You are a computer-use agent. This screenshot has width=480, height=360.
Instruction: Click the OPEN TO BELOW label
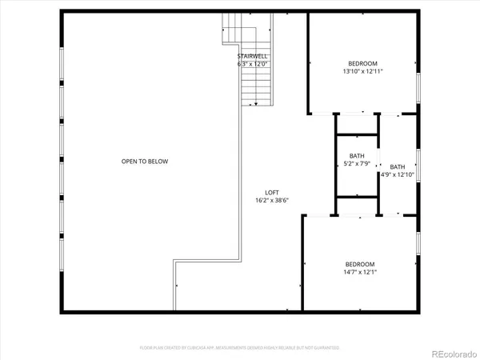pos(145,162)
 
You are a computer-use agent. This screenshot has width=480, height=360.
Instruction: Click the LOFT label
pos(272,192)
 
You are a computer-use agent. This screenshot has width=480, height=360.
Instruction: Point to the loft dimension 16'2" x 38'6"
pos(272,201)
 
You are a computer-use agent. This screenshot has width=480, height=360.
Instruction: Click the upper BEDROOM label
pos(362,63)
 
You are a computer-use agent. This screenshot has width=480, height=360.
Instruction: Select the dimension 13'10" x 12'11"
pos(362,71)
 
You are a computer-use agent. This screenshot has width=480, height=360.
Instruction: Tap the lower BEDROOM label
pos(360,264)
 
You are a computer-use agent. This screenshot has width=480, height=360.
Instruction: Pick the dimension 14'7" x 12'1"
pos(360,272)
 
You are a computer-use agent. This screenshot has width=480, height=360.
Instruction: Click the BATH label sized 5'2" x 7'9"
pos(358,156)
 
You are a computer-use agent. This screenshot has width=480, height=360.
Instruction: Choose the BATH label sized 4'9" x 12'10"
pos(398,166)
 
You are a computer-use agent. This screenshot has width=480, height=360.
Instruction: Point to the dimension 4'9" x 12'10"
pos(398,174)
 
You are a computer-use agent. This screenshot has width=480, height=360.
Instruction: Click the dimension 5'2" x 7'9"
pos(358,164)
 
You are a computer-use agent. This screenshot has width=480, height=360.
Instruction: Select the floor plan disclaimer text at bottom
pos(239,348)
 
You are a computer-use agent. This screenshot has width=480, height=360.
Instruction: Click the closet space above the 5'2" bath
pos(357,124)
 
